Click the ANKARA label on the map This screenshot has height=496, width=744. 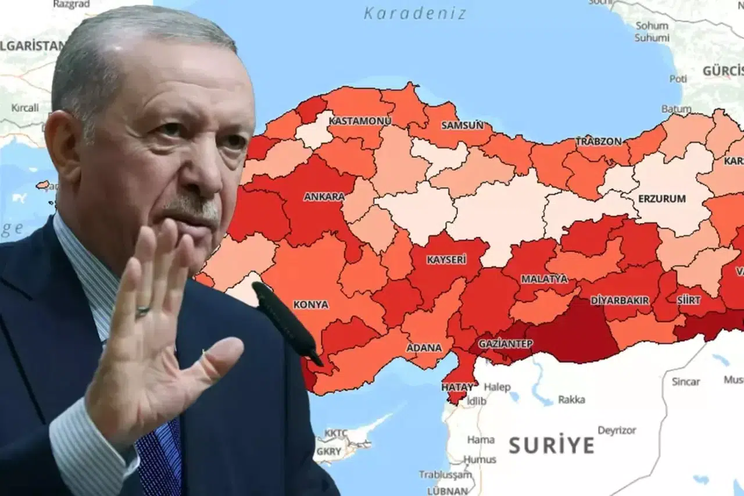click(324, 197)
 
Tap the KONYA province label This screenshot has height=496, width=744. click(310, 304)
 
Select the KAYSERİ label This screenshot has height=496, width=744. click(446, 260)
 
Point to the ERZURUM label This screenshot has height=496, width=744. click(661, 198)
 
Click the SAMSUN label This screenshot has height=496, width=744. click(462, 125)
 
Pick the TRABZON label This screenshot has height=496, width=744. click(599, 141)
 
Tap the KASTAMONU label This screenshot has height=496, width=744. click(360, 121)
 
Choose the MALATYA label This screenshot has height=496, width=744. click(544, 279)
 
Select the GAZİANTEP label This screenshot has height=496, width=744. click(505, 344)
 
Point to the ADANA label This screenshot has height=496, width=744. click(424, 348)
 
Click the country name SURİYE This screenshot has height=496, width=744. click(552, 445)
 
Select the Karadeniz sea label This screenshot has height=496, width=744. click(415, 13)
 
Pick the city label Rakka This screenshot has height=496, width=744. click(571, 399)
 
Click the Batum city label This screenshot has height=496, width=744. click(676, 109)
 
